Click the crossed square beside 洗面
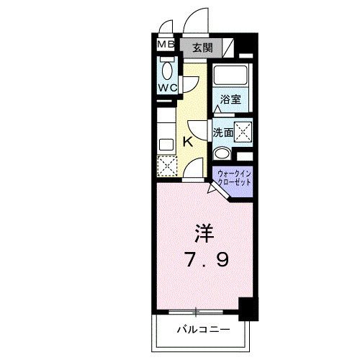pyautogui.click(x=245, y=132)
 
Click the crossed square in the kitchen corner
pyautogui.click(x=166, y=163)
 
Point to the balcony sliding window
pyautogui.click(x=196, y=312)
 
